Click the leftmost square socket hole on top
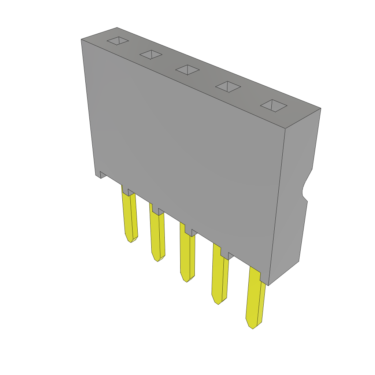118,41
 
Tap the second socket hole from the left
151,55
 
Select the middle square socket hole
187,70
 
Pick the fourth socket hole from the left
228,87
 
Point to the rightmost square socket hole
273,105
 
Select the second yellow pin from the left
157,234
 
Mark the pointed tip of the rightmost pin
253,327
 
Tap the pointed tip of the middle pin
187,280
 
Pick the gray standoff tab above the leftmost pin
125,192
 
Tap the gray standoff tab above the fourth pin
224,256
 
